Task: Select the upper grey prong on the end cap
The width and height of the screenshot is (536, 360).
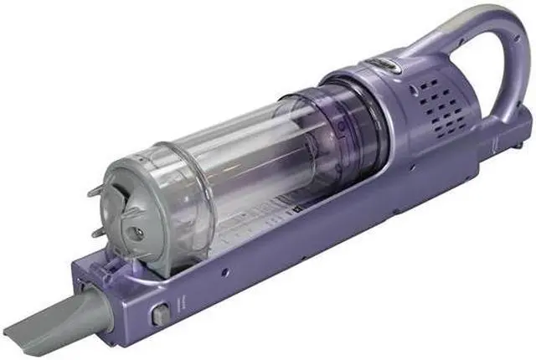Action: coord(94,192)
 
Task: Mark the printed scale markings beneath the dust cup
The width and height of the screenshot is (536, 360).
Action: coord(260,218)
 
